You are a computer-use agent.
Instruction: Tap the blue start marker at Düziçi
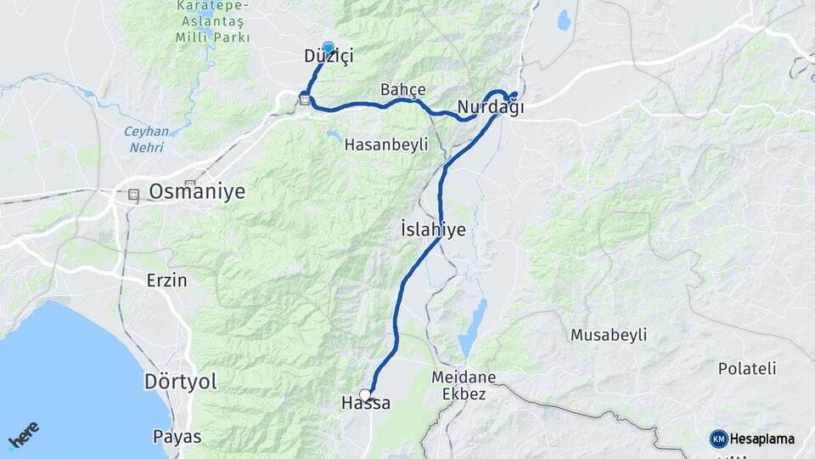pos(328,48)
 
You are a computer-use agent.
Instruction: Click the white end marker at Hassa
pos(365,394)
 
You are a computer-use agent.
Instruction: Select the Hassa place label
pos(366,404)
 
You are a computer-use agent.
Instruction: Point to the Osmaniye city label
pos(197,192)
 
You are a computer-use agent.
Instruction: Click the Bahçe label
pos(402,90)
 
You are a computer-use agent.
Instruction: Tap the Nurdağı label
pos(490,109)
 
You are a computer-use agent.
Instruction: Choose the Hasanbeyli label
pos(385,145)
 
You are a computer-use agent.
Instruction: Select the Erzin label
pos(166,280)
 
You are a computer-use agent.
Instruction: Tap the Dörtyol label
pos(181,382)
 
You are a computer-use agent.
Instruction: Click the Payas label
pos(177,437)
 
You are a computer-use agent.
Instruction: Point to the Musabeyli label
pos(608,335)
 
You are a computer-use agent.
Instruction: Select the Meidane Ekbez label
pos(464,385)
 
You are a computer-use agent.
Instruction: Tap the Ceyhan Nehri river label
pos(147,139)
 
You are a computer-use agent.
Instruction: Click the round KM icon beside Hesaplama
pos(718,439)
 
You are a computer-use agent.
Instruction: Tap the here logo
pos(24,435)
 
